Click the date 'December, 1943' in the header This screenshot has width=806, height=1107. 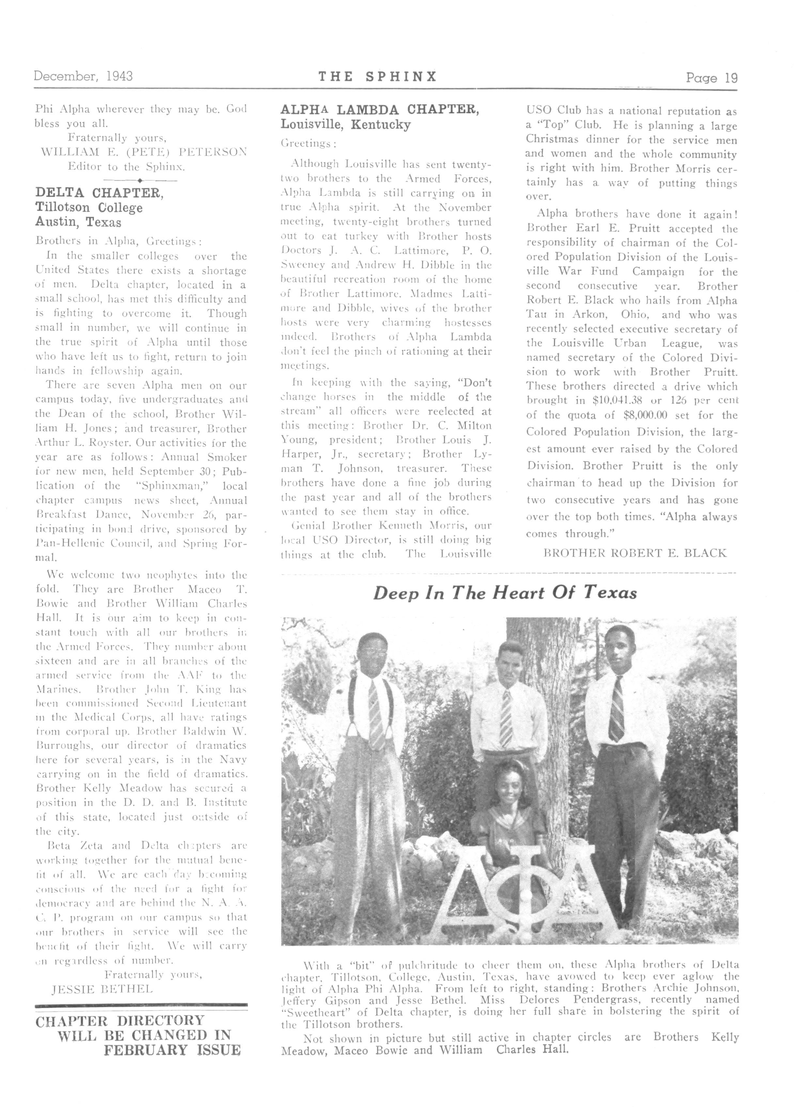point(83,76)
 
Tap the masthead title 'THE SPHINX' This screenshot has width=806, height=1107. point(377,77)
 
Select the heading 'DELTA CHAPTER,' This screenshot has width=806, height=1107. point(99,193)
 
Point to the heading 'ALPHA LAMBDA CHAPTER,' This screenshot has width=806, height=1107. point(379,110)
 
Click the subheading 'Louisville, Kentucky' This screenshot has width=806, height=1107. point(345,125)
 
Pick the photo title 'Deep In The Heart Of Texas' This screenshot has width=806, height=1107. point(505,593)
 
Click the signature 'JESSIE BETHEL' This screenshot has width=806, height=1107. point(102,989)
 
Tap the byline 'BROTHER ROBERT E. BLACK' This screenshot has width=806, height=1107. point(635,553)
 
